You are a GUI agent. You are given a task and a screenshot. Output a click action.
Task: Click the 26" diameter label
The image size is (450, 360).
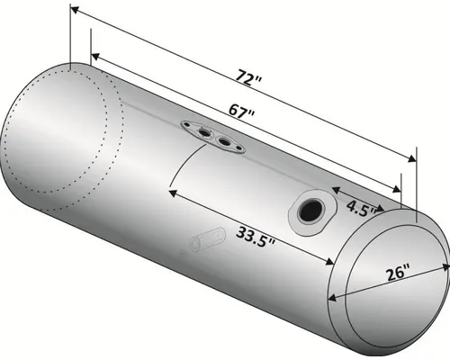point(397,272)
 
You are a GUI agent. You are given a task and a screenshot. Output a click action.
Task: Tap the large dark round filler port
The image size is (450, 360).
point(310,211)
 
